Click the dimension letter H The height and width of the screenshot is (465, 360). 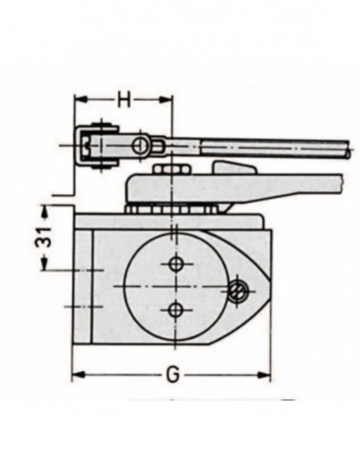[123, 100]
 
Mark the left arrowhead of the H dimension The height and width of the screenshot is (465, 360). [78, 100]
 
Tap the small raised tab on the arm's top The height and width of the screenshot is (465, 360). [233, 166]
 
